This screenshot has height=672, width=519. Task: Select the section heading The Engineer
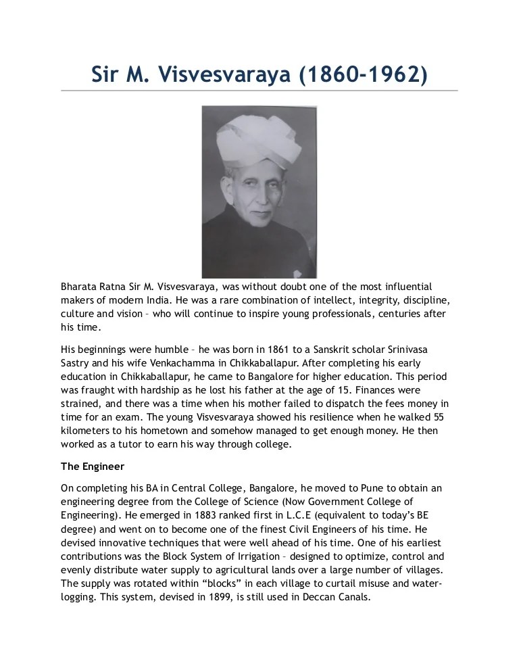(93, 466)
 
